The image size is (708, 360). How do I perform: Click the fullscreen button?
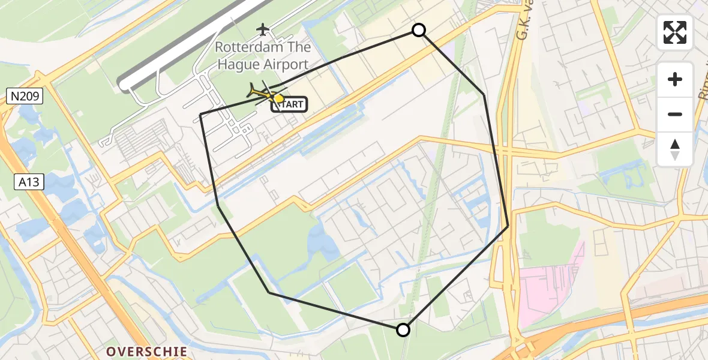click(x=675, y=32)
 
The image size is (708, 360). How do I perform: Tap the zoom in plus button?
click(x=675, y=79)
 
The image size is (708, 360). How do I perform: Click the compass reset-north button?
click(x=675, y=149)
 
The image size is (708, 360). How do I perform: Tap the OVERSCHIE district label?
click(x=146, y=351)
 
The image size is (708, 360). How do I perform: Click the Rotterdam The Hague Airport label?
click(x=263, y=55)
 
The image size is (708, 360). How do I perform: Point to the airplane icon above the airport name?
click(x=263, y=28)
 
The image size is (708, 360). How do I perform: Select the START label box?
click(x=290, y=104)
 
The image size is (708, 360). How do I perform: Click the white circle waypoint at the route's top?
click(x=419, y=30)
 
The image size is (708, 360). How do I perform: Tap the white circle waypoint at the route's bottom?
click(x=403, y=329)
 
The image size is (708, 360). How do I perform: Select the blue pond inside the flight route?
click(x=318, y=243)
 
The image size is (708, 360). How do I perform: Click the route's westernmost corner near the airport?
click(x=200, y=114)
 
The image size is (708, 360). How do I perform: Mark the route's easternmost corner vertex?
click(x=508, y=226)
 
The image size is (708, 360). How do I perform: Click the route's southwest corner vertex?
click(x=269, y=293)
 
